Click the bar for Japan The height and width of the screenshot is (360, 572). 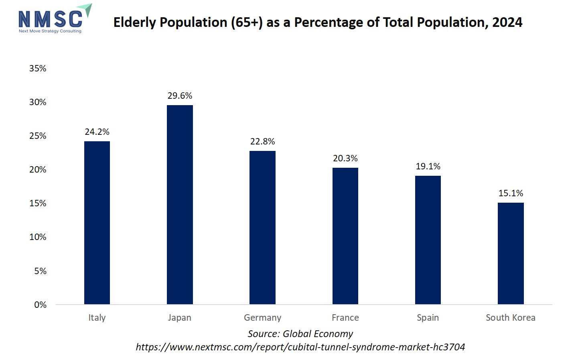pyautogui.click(x=180, y=205)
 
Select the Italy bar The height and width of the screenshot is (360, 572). pyautogui.click(x=97, y=223)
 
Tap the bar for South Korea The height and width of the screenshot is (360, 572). pyautogui.click(x=511, y=253)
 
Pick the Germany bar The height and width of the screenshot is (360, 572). pyautogui.click(x=262, y=228)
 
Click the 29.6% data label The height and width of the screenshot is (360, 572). pyautogui.click(x=180, y=96)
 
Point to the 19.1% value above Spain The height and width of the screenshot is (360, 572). pyautogui.click(x=428, y=167)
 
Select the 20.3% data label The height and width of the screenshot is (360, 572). pyautogui.click(x=345, y=159)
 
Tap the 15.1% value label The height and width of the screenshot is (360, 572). pyautogui.click(x=511, y=193)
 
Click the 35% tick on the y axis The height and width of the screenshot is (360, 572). pyautogui.click(x=38, y=69)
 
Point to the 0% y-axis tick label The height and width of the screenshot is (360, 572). pyautogui.click(x=40, y=305)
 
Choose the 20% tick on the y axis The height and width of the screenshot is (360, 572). pyautogui.click(x=38, y=170)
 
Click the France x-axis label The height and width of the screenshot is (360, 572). pyautogui.click(x=345, y=318)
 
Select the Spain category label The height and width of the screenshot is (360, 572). pyautogui.click(x=428, y=318)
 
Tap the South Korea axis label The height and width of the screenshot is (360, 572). pyautogui.click(x=510, y=318)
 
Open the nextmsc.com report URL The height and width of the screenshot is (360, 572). pyautogui.click(x=300, y=347)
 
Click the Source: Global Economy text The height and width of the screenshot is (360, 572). pyautogui.click(x=300, y=334)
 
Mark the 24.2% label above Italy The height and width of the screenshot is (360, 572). pyautogui.click(x=97, y=132)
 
